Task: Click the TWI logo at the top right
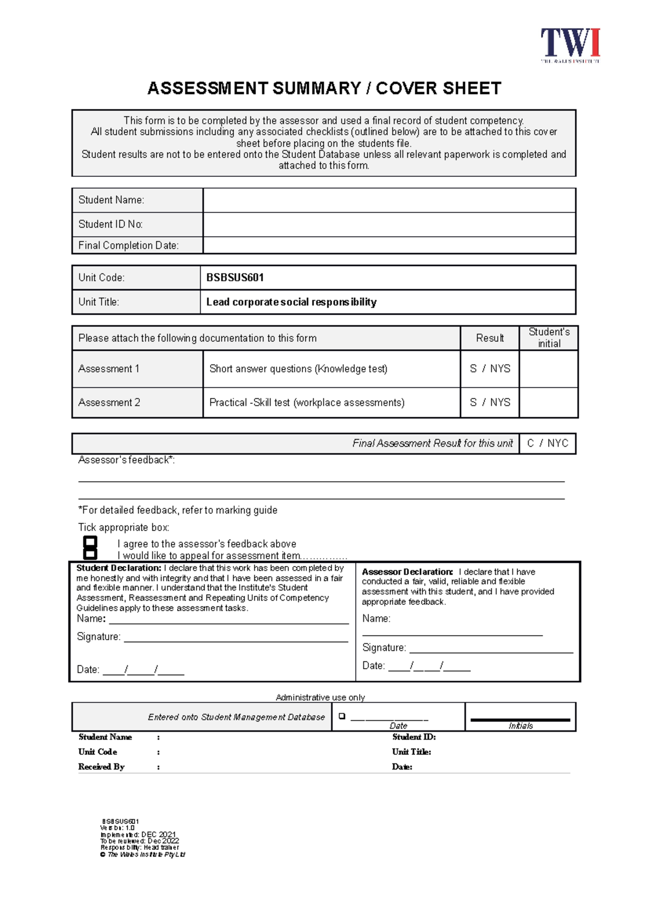coord(570,45)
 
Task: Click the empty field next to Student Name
coord(389,201)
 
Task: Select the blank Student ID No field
coord(389,224)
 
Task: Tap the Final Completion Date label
coord(128,245)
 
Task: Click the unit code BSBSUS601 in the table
coord(235,278)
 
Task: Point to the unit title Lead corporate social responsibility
coord(291,302)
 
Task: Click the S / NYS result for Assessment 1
coord(490,369)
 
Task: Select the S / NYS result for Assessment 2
coord(490,403)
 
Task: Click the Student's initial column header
coord(549,338)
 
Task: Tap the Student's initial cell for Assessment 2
coord(549,403)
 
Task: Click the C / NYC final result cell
coord(548,443)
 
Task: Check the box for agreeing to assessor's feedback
coord(90,542)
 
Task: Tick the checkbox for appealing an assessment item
coord(90,554)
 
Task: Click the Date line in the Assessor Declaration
coord(429,667)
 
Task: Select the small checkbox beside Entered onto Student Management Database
coord(342,716)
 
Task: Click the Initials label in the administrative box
coord(521,726)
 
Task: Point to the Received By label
coord(101,767)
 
